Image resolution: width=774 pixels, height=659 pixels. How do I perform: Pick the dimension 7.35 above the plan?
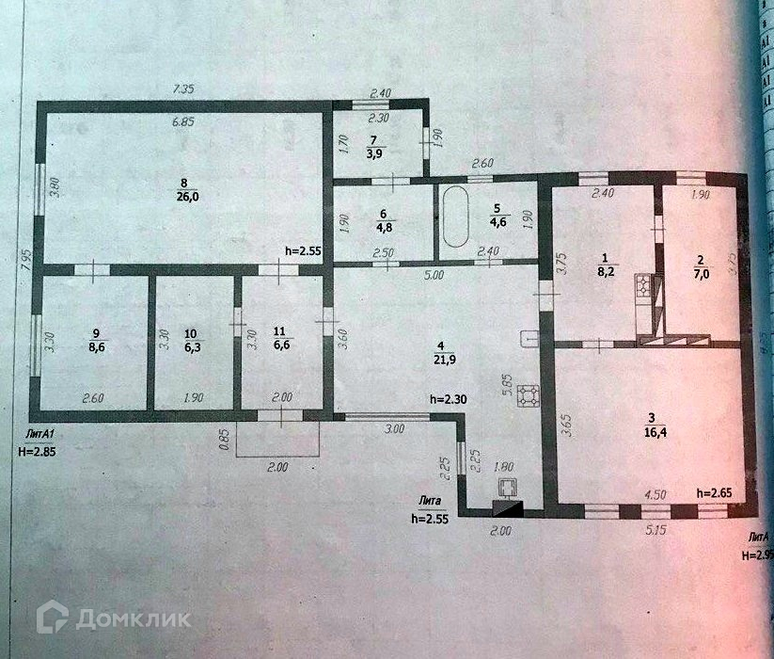pos(185,88)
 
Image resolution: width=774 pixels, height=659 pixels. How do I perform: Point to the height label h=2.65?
pos(715,493)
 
